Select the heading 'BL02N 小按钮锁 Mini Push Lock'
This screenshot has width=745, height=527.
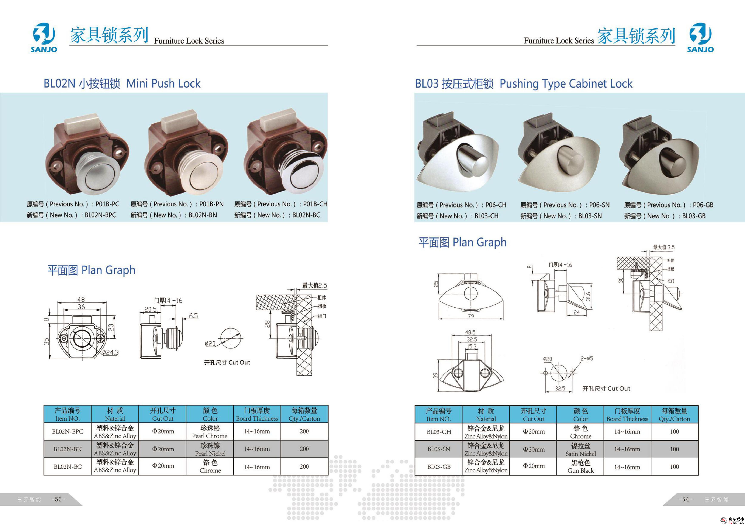[x=122, y=84]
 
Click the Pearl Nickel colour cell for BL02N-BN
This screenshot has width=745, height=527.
[x=210, y=449]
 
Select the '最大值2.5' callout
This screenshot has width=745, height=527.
[x=314, y=285]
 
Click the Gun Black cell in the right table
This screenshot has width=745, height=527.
[x=580, y=467]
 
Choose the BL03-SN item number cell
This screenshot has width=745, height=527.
[x=439, y=449]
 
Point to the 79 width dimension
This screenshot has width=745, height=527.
[x=471, y=316]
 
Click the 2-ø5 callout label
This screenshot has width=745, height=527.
[x=587, y=359]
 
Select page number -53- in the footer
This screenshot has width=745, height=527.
[x=58, y=499]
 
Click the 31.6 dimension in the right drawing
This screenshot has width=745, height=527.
[x=588, y=296]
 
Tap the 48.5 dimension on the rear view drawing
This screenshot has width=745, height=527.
[x=470, y=332]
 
